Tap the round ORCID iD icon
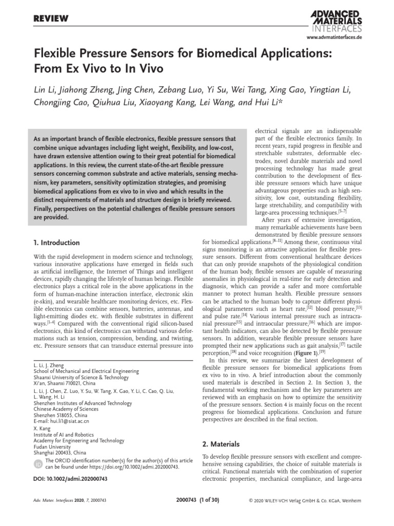pyautogui.click(x=38, y=464)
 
